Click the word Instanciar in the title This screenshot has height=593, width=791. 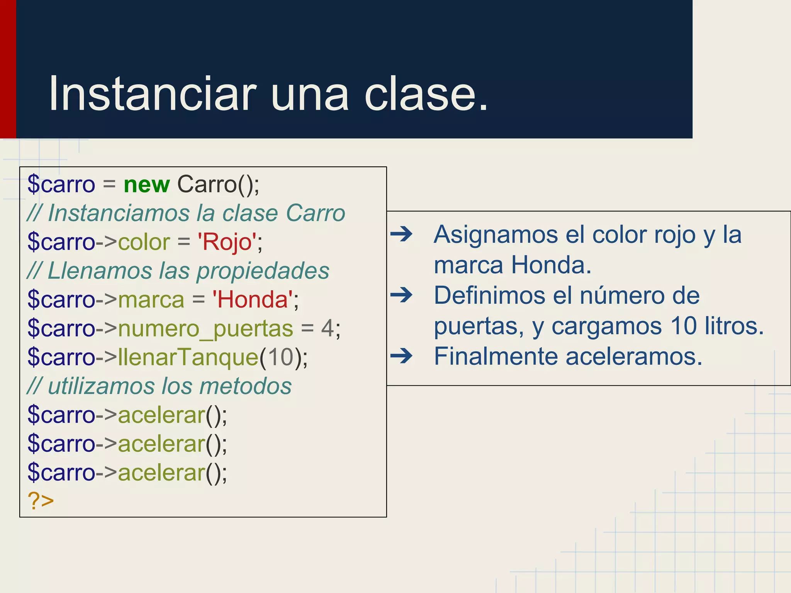[153, 94]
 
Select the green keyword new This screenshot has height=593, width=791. [146, 185]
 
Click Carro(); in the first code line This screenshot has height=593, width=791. [218, 185]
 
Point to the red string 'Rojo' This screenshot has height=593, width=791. [227, 242]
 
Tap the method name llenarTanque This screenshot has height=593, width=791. [188, 357]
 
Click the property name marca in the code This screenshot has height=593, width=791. [151, 300]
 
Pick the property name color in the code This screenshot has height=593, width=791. [144, 242]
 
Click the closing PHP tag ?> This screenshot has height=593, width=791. [41, 501]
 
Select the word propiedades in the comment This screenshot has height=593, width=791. [263, 271]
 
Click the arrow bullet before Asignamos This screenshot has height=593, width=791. [401, 234]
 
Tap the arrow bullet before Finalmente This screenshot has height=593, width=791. [401, 356]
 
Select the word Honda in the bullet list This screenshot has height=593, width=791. [551, 265]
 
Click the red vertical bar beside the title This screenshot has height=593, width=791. [8, 69]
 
